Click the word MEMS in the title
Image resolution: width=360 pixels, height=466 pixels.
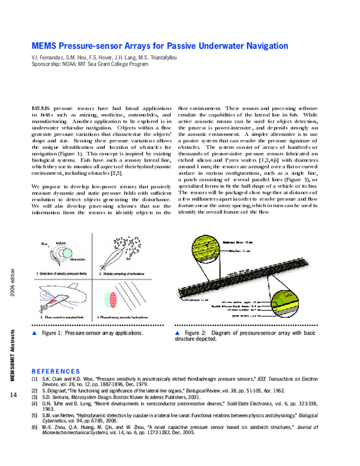(46, 46)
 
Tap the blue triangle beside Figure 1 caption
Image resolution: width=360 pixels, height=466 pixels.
(34, 332)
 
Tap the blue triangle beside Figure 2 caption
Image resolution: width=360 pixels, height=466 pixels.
(178, 332)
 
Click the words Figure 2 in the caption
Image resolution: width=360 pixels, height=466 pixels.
(196, 332)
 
